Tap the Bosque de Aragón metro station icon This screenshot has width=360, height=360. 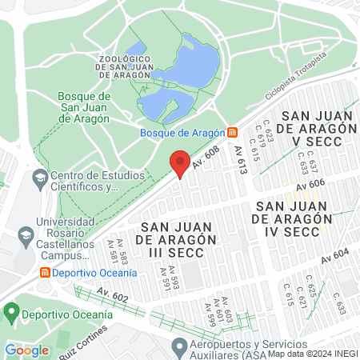[232, 132]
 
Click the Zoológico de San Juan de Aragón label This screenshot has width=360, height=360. [124, 66]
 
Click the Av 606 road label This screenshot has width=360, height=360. [310, 186]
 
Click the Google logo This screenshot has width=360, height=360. [26, 350]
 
